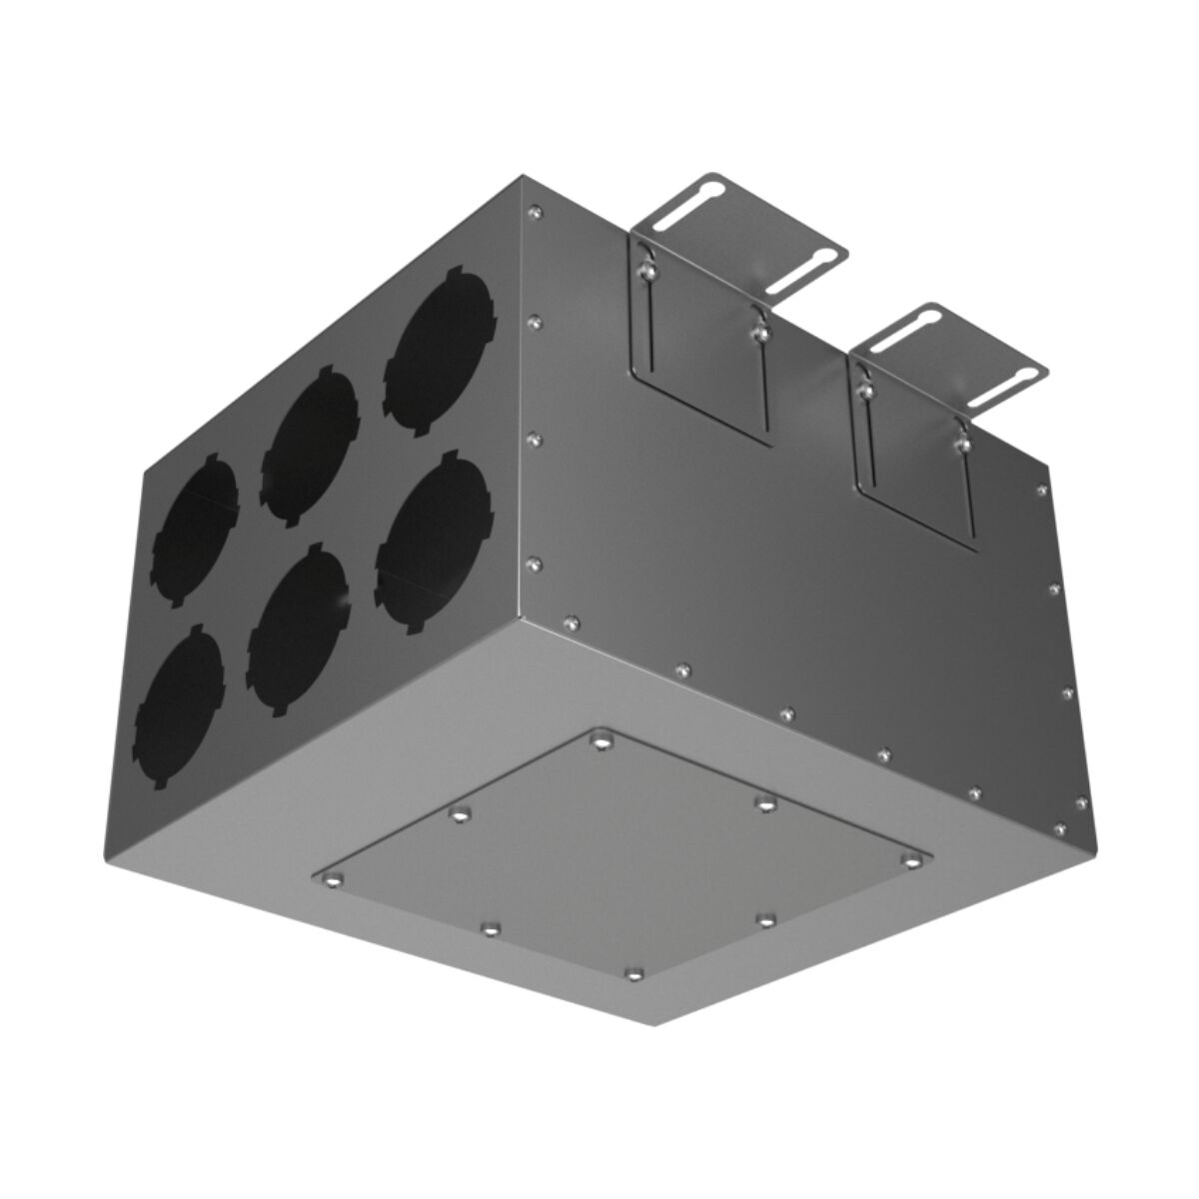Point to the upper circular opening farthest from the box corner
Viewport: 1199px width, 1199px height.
(196, 525)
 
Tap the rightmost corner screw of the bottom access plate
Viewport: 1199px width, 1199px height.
(911, 860)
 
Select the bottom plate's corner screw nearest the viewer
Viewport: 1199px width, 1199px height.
(630, 970)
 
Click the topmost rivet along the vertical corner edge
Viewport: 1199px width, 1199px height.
(536, 211)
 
